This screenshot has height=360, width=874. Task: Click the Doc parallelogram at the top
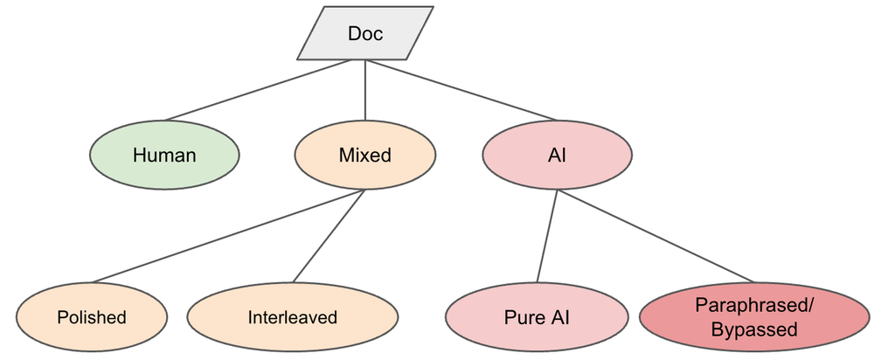pyautogui.click(x=365, y=33)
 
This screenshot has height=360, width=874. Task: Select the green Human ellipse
pyautogui.click(x=164, y=155)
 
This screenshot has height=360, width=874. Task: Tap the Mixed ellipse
pyautogui.click(x=365, y=155)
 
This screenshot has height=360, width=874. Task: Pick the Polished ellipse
pyautogui.click(x=92, y=317)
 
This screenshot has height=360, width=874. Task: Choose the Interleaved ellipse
pyautogui.click(x=293, y=317)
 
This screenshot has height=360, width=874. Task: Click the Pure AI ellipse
pyautogui.click(x=537, y=317)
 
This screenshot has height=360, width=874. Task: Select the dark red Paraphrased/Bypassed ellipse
pyautogui.click(x=754, y=317)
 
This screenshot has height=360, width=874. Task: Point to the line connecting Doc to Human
pyautogui.click(x=258, y=90)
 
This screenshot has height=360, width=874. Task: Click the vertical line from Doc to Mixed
pyautogui.click(x=365, y=90)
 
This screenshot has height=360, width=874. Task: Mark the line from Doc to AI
pyautogui.click(x=461, y=90)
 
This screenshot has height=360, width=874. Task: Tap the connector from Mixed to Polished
pyautogui.click(x=228, y=236)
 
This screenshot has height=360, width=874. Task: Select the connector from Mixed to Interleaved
pyautogui.click(x=329, y=236)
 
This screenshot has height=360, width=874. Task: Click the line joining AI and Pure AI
pyautogui.click(x=547, y=236)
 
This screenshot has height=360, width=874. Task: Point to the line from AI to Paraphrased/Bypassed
pyautogui.click(x=656, y=236)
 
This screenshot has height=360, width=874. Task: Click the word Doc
pyautogui.click(x=365, y=33)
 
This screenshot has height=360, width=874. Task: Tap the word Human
pyautogui.click(x=164, y=155)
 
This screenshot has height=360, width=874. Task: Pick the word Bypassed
pyautogui.click(x=754, y=329)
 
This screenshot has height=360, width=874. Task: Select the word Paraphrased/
pyautogui.click(x=755, y=305)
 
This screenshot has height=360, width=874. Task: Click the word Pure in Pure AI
pyautogui.click(x=523, y=317)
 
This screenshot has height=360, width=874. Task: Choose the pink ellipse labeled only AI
pyautogui.click(x=558, y=155)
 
